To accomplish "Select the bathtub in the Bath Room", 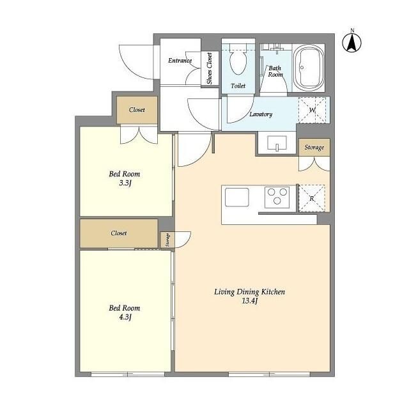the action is pos(308,68).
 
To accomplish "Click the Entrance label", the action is pos(180,61).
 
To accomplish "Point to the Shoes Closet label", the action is pos(210,68).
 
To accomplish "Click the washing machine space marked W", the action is pos(313,110).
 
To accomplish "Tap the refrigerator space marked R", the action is pos(312,198).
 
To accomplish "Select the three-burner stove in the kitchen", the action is pos(277,197).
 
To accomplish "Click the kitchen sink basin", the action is pos(237,197).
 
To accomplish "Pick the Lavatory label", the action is pos(261,114).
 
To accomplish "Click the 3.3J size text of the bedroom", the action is pos(125,183).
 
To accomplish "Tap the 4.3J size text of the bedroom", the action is pos(125,317).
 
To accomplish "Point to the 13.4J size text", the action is pos(250,301).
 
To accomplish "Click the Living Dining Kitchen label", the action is pos(250,292).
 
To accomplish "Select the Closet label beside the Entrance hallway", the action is pos(137,110).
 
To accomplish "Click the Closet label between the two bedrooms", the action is pos(119,233).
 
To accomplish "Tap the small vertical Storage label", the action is pos(167,240).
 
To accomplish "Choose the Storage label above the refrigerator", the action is pos(314,148).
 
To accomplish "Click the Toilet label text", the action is pos(238,86).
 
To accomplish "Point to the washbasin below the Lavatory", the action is pos(277,143).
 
